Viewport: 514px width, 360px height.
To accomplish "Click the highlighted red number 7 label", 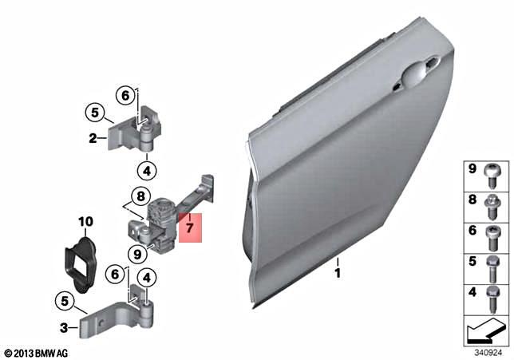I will [x=189, y=228].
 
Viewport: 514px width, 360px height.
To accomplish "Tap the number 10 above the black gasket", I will [x=85, y=221].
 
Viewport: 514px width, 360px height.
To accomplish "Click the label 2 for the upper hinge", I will [x=93, y=137].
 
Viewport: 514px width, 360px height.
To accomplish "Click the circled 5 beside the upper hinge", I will [x=94, y=113].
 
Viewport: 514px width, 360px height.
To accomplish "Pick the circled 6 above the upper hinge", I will [x=125, y=95].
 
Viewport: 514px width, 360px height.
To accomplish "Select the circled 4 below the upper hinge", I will [x=146, y=169].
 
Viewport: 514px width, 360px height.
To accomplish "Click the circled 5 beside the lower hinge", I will [x=61, y=301].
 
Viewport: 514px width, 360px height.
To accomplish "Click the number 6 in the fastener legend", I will [x=472, y=233].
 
